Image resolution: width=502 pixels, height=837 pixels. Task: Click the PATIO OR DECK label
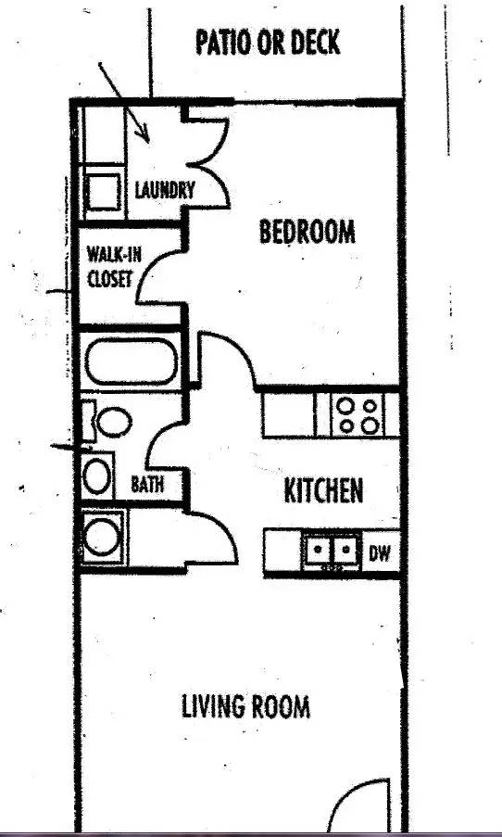tap(268, 43)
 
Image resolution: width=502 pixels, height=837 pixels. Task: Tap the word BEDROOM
tap(307, 232)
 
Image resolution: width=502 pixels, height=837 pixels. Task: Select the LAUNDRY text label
tap(165, 190)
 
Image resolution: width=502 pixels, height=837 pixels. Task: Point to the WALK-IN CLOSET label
tap(114, 267)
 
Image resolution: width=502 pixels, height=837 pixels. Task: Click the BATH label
tap(147, 484)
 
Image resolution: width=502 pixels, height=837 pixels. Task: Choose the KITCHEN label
tap(324, 490)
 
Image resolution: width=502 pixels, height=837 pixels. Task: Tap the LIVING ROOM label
tap(246, 706)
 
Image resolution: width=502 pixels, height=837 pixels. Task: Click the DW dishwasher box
tap(381, 552)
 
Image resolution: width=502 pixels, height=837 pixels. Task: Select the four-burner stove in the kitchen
tap(358, 415)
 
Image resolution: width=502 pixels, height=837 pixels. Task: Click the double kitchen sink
tap(332, 551)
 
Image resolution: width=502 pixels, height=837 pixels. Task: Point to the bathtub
tap(132, 361)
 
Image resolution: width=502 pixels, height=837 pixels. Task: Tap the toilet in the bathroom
tap(107, 421)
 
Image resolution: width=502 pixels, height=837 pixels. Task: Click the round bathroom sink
tap(97, 476)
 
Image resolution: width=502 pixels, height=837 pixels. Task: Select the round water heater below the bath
tap(103, 537)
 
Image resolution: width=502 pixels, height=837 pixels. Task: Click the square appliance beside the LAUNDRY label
tap(103, 191)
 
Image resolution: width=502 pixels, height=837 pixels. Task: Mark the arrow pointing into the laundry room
tap(124, 103)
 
